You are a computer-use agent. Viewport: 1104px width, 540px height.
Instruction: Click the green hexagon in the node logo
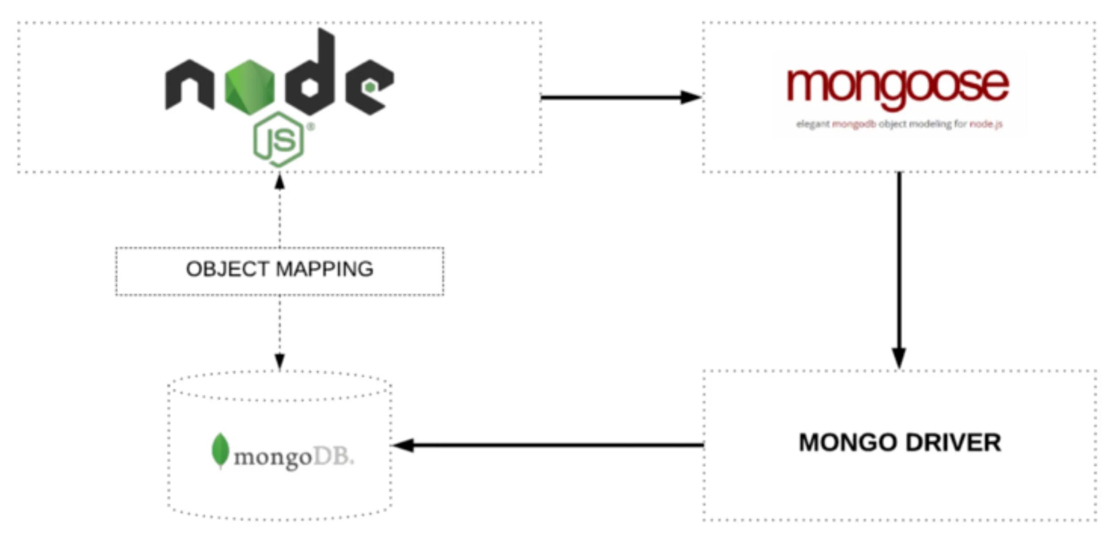pos(249,87)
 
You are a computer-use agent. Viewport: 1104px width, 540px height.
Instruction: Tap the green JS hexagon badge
pos(279,140)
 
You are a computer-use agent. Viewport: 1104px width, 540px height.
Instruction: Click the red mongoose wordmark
pos(897,86)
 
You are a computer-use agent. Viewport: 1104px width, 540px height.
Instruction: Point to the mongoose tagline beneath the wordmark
pos(899,124)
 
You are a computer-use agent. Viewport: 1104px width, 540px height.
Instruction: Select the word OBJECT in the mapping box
pos(227,270)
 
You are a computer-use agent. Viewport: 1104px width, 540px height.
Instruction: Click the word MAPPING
pos(324,270)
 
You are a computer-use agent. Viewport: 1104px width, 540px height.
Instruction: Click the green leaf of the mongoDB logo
pos(220,450)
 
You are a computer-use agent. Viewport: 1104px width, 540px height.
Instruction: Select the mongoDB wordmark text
pos(294,457)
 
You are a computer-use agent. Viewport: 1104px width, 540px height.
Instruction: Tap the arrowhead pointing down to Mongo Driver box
pos(899,358)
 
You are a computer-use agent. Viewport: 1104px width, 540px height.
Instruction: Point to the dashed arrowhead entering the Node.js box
pos(279,181)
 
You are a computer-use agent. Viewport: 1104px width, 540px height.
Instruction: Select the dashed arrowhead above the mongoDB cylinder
pos(279,361)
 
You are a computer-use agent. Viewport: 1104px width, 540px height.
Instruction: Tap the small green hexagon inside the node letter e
pos(369,88)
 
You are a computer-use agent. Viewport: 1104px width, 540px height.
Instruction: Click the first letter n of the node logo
pos(189,85)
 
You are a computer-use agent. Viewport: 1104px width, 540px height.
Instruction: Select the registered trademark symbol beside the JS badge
pos(311,127)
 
